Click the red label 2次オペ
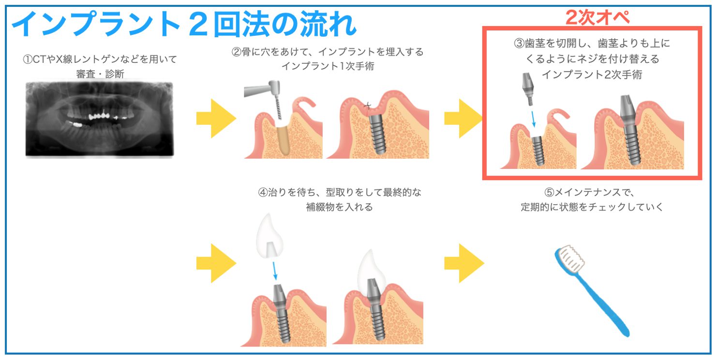coord(597,17)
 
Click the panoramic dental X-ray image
coord(100,119)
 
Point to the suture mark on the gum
coord(368,105)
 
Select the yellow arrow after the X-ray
coord(216,119)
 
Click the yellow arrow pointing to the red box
coord(463,119)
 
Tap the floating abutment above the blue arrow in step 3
coord(528,89)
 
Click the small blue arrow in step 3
coord(533,119)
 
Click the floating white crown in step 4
coord(269,236)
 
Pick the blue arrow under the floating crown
coord(274,270)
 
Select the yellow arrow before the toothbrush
coord(464,263)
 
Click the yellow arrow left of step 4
coord(216,263)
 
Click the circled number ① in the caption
coord(28,60)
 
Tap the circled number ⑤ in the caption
coord(549,192)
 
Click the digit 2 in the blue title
coord(198,24)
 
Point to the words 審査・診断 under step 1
coord(100,74)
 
